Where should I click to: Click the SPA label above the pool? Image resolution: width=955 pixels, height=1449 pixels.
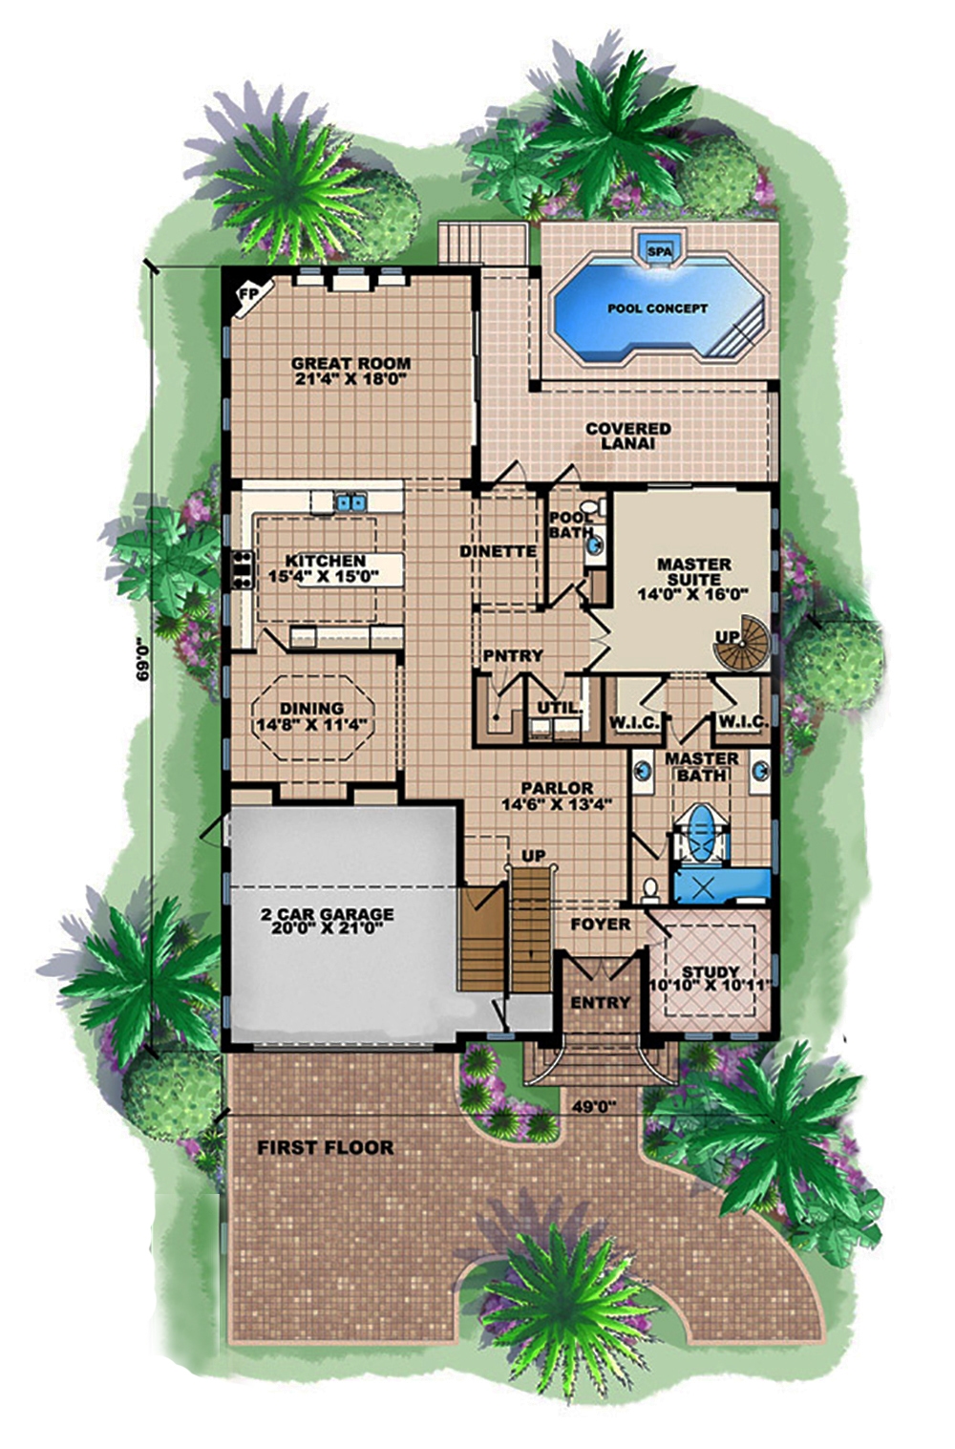659,251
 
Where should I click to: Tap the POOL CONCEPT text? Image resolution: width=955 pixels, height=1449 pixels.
658,309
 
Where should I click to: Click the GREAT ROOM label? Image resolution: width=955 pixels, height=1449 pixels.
350,371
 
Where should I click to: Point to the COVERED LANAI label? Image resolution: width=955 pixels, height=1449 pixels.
628,436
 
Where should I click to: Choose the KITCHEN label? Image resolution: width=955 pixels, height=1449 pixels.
326,568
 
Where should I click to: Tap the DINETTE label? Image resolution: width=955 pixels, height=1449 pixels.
498,551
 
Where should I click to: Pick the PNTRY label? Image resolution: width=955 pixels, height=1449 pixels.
513,655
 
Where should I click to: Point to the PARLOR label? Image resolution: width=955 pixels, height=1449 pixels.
557,795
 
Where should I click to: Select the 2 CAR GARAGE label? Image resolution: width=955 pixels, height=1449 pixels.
327,920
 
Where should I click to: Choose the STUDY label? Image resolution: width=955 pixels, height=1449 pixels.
711,977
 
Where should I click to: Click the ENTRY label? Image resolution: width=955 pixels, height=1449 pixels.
600,1002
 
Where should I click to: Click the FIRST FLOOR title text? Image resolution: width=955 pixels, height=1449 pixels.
325,1147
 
